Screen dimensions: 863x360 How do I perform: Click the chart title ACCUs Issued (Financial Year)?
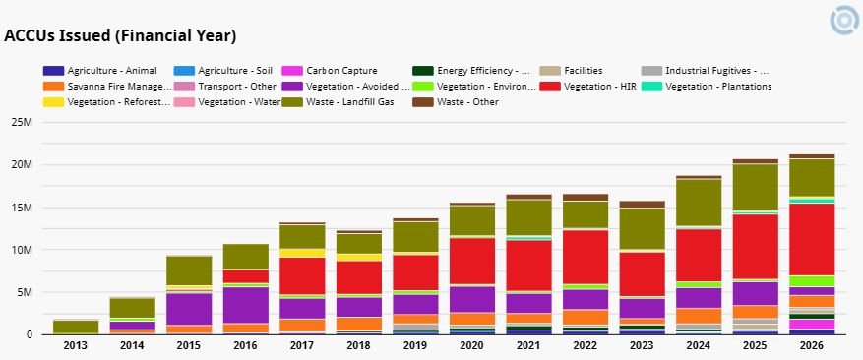(120, 36)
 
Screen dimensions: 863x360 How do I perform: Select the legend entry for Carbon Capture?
(329, 71)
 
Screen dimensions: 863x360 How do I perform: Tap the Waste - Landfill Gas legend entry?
(338, 102)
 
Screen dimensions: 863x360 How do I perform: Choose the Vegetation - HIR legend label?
(588, 87)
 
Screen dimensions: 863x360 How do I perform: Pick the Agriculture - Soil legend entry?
(223, 71)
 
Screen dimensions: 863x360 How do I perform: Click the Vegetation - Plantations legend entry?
(707, 87)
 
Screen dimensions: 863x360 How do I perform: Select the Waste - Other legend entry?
(456, 102)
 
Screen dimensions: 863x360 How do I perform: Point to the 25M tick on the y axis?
(22, 122)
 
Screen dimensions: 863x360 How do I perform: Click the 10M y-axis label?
(22, 250)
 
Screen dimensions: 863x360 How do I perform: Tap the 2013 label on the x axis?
(76, 345)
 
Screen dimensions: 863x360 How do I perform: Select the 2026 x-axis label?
(813, 345)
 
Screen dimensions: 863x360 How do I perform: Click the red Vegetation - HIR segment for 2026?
(813, 239)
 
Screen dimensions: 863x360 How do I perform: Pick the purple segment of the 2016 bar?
(245, 305)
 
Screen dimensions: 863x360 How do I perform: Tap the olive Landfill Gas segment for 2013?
(76, 327)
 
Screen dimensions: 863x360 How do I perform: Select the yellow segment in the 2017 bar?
(302, 253)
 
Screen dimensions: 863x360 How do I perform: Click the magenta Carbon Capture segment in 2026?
(813, 325)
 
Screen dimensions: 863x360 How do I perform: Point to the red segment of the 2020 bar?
(472, 261)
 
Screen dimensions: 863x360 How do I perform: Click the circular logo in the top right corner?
(845, 21)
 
